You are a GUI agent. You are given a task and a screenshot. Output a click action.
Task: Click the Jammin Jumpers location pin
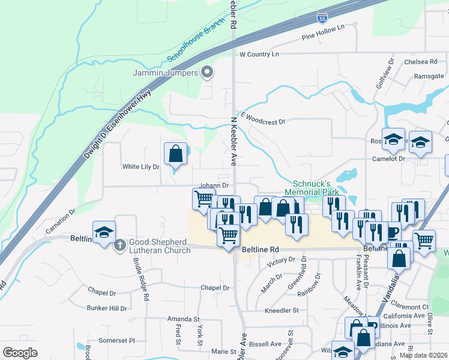point(207,73)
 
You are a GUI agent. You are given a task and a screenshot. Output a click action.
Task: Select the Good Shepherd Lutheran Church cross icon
point(119,245)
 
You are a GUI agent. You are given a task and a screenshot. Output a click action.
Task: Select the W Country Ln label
point(259,54)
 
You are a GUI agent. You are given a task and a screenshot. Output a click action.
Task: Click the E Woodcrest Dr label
point(262,118)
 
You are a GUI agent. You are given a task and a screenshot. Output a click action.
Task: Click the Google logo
point(20,352)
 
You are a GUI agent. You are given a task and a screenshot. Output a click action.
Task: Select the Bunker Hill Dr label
point(107,308)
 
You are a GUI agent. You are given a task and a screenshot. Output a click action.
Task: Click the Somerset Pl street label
point(117,340)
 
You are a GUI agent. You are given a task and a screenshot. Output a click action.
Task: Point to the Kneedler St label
point(282,310)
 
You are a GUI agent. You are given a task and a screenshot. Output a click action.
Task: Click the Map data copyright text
point(423,355)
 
